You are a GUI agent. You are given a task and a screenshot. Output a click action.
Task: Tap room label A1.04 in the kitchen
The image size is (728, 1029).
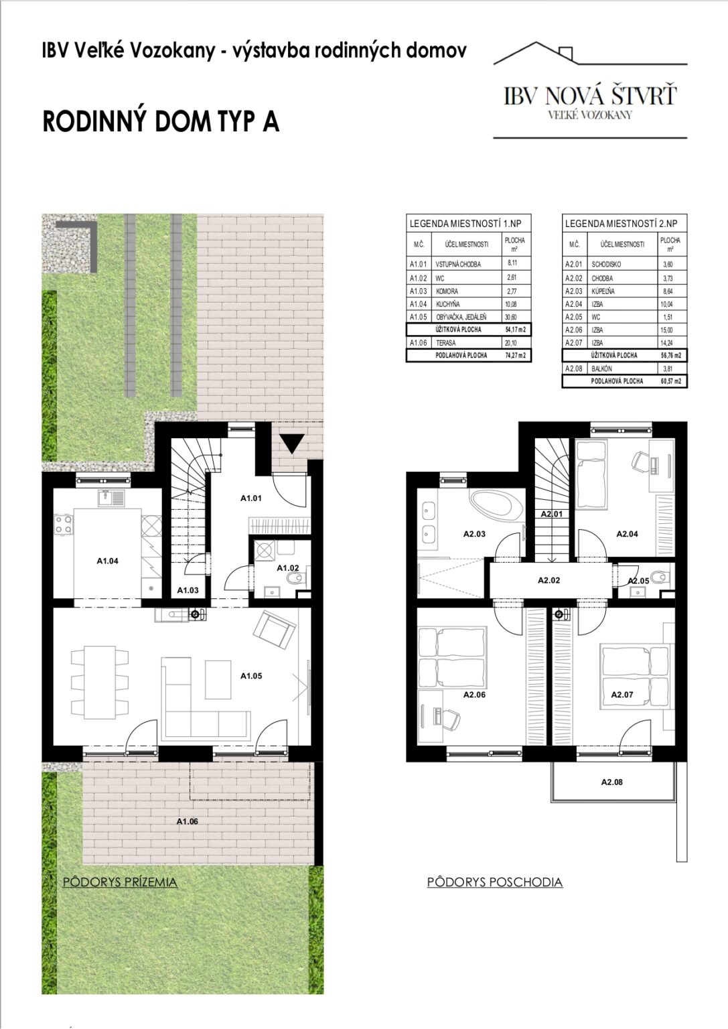click(107, 561)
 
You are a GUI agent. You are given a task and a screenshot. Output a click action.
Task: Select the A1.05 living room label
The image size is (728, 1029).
click(251, 676)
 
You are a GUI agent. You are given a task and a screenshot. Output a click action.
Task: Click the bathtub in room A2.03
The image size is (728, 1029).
click(496, 504)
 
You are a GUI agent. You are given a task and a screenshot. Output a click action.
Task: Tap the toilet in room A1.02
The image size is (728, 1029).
click(295, 578)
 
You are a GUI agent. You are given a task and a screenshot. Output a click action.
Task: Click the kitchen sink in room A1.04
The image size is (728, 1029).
click(111, 498)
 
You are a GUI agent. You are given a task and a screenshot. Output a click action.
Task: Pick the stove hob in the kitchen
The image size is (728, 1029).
click(64, 525)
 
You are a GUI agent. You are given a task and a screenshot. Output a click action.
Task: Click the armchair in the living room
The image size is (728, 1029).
click(274, 629)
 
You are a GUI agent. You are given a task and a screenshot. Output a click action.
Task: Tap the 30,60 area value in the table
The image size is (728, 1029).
click(511, 317)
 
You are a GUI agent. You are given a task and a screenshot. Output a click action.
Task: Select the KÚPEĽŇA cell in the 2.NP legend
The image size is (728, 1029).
click(603, 291)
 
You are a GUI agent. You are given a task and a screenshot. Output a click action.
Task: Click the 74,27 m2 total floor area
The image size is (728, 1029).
click(514, 356)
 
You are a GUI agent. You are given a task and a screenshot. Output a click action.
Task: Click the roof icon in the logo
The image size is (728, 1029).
click(590, 54)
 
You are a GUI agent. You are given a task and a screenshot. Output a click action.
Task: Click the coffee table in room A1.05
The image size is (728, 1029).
click(218, 679)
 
